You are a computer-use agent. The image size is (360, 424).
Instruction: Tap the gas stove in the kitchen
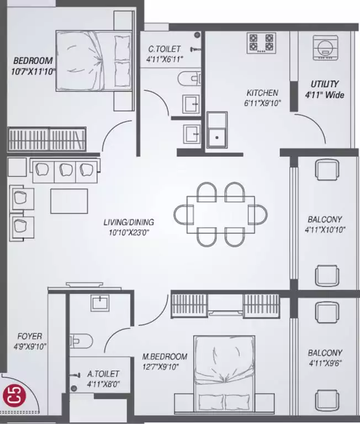261,43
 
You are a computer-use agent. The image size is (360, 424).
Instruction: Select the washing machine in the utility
326,47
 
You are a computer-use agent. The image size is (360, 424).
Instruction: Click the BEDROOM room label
33,61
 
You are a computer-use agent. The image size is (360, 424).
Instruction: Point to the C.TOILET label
164,49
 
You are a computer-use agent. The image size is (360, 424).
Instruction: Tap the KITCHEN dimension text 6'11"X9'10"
262,103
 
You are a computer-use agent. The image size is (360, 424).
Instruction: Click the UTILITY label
324,84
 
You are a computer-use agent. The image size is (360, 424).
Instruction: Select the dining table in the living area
220,215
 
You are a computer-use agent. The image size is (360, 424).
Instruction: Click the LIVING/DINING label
129,222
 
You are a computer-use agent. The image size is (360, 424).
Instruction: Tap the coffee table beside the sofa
69,201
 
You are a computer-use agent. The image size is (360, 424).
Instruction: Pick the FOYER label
30,336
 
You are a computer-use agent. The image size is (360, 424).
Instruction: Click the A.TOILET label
103,374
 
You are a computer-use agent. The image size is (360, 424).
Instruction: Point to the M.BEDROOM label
165,357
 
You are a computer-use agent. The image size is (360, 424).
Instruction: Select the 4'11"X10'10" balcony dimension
325,230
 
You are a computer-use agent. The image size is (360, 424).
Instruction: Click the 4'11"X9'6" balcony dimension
325,363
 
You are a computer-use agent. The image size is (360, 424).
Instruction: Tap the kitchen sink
217,130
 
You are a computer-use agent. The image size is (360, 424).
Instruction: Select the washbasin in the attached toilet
100,303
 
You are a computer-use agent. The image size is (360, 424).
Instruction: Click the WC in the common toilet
189,79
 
